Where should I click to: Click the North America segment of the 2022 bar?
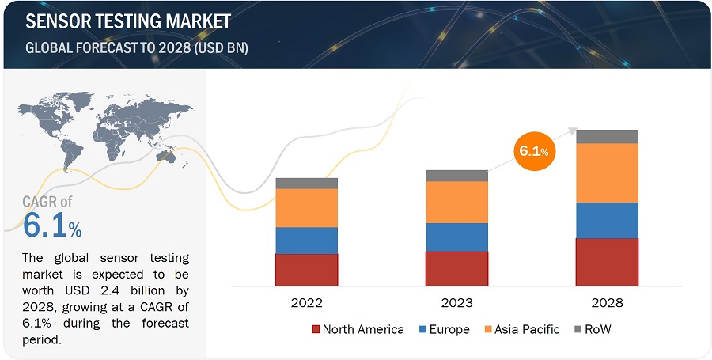[x=306, y=269]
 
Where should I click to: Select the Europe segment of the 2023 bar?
[x=456, y=237]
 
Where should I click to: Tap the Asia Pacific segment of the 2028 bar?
[x=607, y=172]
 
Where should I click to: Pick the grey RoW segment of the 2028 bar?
[x=607, y=136]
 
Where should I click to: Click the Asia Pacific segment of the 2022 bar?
[x=306, y=207]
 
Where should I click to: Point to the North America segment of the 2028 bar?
[x=607, y=261]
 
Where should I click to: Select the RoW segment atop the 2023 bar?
[x=456, y=176]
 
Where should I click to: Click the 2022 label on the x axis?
[x=306, y=302]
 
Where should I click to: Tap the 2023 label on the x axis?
[x=456, y=302]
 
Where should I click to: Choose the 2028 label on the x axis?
[x=607, y=302]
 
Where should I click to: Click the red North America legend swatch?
[x=316, y=329]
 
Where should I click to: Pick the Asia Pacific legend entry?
[x=521, y=329]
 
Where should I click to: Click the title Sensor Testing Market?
[x=129, y=21]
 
